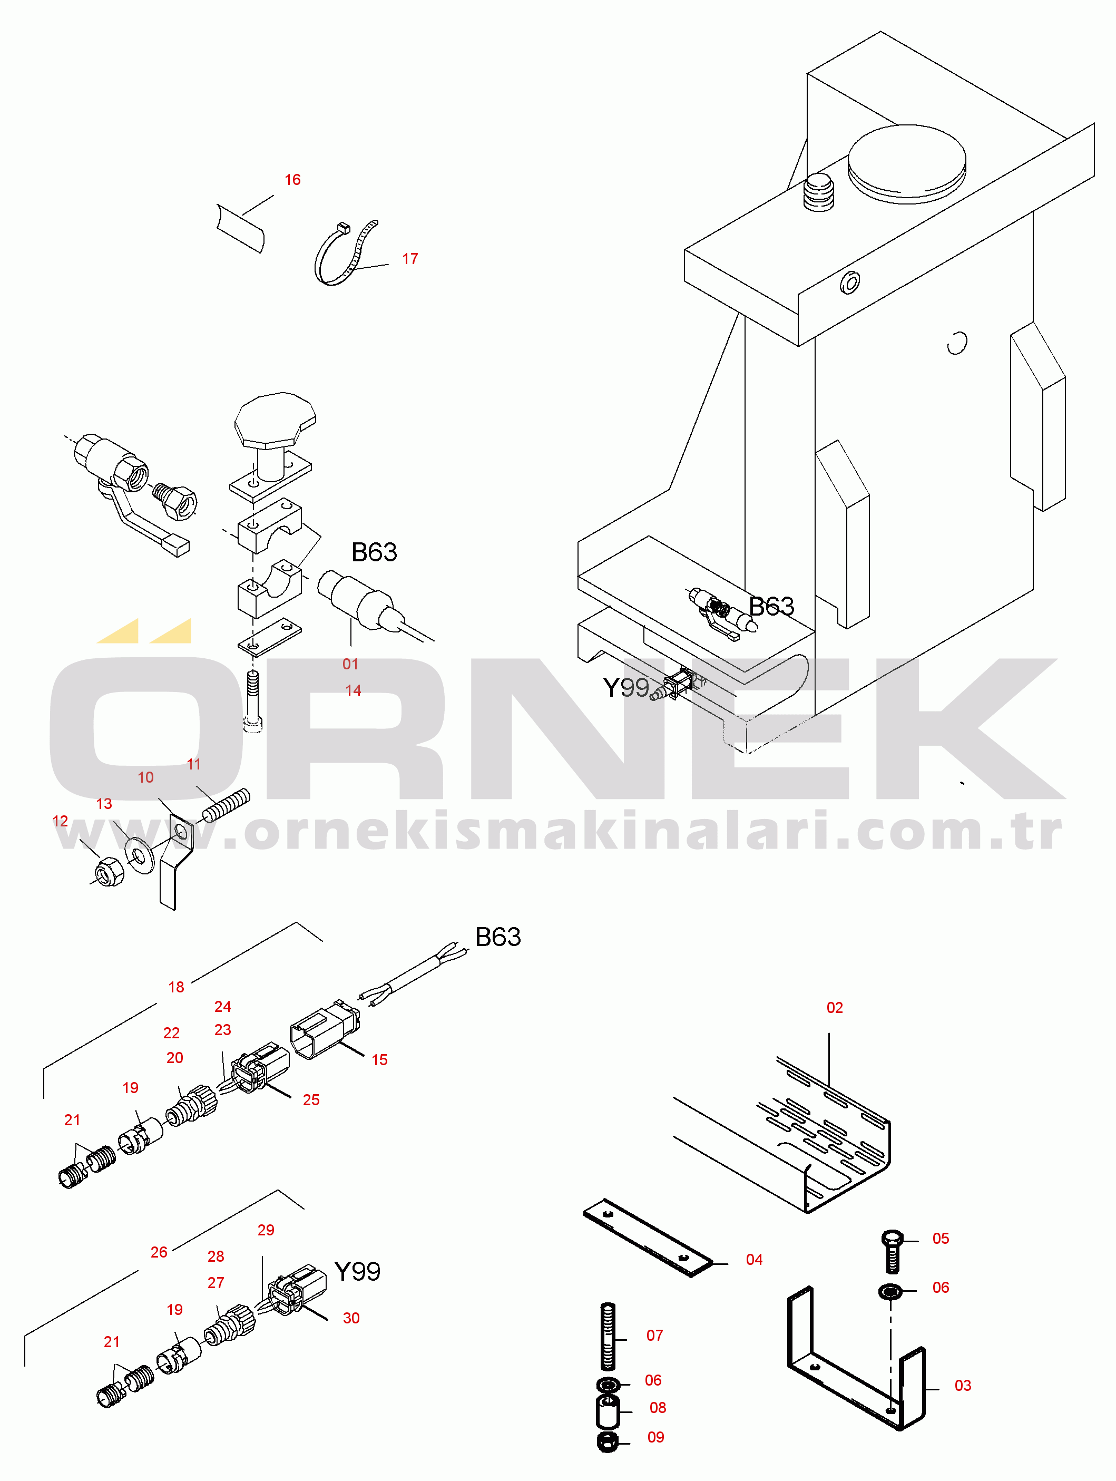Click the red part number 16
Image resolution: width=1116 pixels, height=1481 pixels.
pyautogui.click(x=292, y=179)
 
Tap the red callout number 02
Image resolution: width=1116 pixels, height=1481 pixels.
pyautogui.click(x=834, y=1008)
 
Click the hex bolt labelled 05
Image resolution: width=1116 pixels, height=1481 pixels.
pyautogui.click(x=893, y=1251)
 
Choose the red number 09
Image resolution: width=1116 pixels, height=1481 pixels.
pyautogui.click(x=655, y=1437)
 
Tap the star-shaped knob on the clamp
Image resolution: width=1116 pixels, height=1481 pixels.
pyautogui.click(x=275, y=421)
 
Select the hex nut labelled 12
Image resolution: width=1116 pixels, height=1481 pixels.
pyautogui.click(x=109, y=872)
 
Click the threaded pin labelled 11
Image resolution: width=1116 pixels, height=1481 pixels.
pyautogui.click(x=226, y=805)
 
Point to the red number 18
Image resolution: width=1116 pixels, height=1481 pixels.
pyautogui.click(x=176, y=987)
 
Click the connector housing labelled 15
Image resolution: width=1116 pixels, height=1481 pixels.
pyautogui.click(x=325, y=1031)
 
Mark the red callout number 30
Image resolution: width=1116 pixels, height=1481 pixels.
pyautogui.click(x=351, y=1318)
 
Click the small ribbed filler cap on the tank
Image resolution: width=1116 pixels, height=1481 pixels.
pyautogui.click(x=818, y=193)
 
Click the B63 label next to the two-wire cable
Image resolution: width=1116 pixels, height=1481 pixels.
pyautogui.click(x=497, y=937)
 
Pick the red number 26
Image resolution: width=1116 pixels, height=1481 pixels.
pyautogui.click(x=159, y=1252)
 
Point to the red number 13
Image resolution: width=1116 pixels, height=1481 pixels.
pyautogui.click(x=104, y=803)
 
